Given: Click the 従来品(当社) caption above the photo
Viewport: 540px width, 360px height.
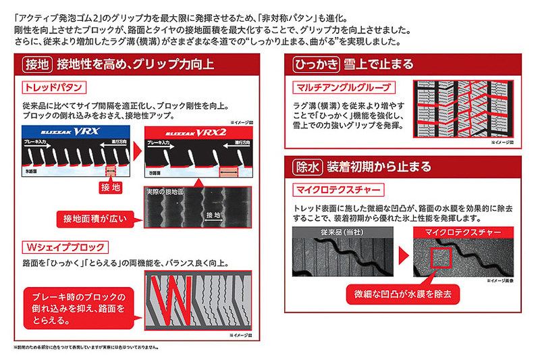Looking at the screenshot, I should tap(340, 232).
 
